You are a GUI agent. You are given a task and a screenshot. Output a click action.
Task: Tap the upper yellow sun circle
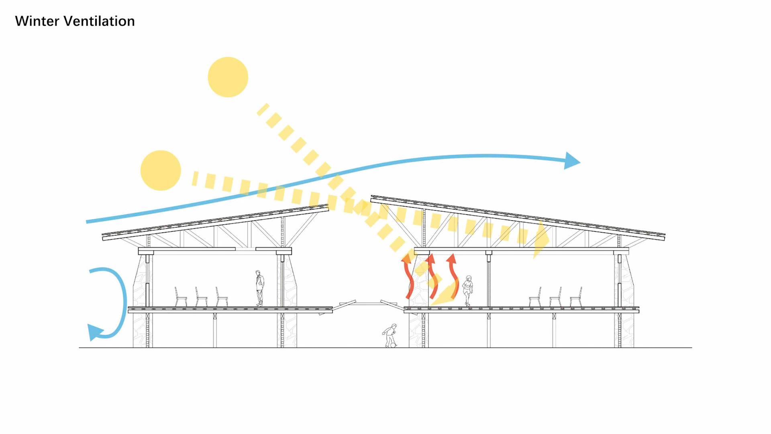pos(228,77)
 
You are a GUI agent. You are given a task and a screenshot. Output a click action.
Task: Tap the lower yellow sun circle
pos(161,170)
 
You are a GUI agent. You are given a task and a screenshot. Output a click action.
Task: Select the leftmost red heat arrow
pos(408,277)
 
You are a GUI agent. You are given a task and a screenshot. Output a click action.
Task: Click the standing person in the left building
pos(260,288)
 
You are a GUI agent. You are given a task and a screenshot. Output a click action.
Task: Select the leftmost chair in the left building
pos(180,297)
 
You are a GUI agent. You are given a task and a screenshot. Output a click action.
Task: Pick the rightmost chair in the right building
pos(576,298)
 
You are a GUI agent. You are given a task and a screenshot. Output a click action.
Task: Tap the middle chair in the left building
pos(201,298)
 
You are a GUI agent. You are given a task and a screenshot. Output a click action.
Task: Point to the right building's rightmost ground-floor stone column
pos(624,330)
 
